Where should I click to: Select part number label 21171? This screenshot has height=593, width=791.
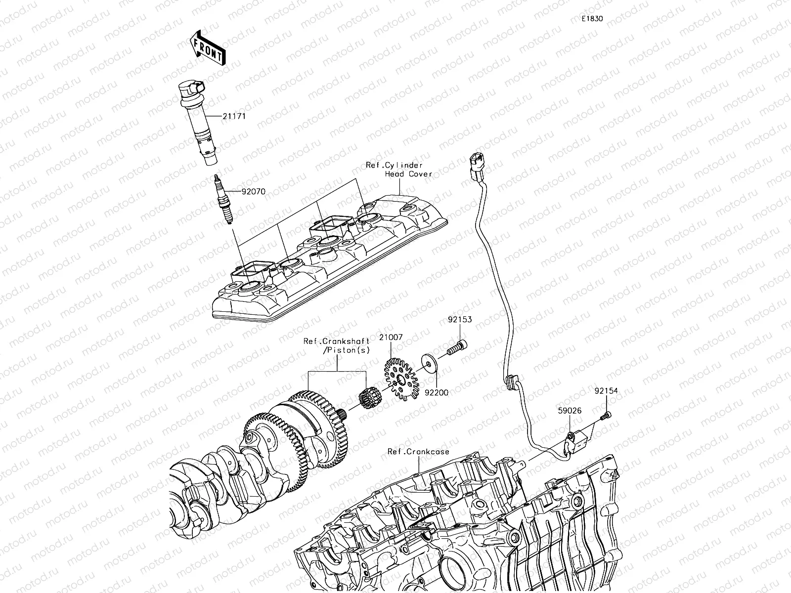[234, 117]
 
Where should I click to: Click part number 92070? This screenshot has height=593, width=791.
[253, 192]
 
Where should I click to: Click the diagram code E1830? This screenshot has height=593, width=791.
[592, 19]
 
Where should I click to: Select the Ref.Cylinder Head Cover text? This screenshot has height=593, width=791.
[398, 169]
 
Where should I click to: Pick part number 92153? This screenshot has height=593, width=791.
[460, 320]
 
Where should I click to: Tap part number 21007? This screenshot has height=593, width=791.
[391, 337]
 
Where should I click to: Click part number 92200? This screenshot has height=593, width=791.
[437, 393]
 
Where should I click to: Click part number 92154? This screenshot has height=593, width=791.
[606, 391]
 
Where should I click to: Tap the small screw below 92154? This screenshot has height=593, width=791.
[605, 417]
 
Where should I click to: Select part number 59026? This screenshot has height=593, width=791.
[570, 411]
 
